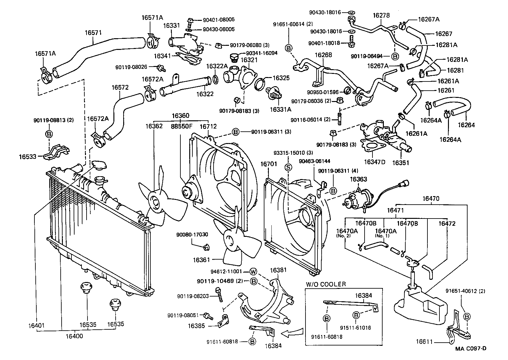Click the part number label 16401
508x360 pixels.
37,325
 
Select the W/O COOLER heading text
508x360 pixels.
326,284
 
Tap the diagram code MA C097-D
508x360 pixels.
470,349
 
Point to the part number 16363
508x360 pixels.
358,179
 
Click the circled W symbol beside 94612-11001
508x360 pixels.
253,271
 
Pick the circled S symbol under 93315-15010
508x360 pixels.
288,167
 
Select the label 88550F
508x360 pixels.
182,126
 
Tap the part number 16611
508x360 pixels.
424,341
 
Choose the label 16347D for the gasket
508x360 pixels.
375,162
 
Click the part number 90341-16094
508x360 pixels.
262,53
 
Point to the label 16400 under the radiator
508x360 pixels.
75,336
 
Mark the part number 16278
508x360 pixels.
381,15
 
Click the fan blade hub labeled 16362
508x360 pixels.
155,201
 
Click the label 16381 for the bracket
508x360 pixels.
278,270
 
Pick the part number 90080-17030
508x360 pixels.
192,235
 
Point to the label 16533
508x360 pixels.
27,156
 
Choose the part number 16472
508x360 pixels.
447,224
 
